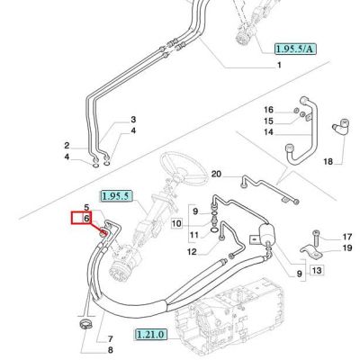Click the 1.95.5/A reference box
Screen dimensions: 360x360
[x=295, y=49]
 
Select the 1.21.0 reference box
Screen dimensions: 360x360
[x=150, y=334]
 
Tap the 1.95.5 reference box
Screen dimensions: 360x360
[x=115, y=196]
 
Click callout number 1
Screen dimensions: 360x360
[x=279, y=65]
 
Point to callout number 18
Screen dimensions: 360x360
[x=328, y=162]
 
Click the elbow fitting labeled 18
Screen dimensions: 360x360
[x=341, y=126]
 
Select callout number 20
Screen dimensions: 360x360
[x=216, y=174]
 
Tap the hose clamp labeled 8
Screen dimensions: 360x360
[x=85, y=325]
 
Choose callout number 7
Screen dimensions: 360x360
[x=110, y=339]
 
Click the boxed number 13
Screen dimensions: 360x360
[x=317, y=271]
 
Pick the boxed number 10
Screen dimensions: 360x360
[x=177, y=223]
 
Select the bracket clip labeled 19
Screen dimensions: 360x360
[x=311, y=251]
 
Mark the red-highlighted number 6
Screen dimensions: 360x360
[x=86, y=218]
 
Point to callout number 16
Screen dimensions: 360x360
[x=268, y=110]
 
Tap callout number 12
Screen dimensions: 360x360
[x=192, y=252]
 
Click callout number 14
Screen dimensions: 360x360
[x=268, y=132]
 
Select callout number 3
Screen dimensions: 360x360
[x=133, y=120]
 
